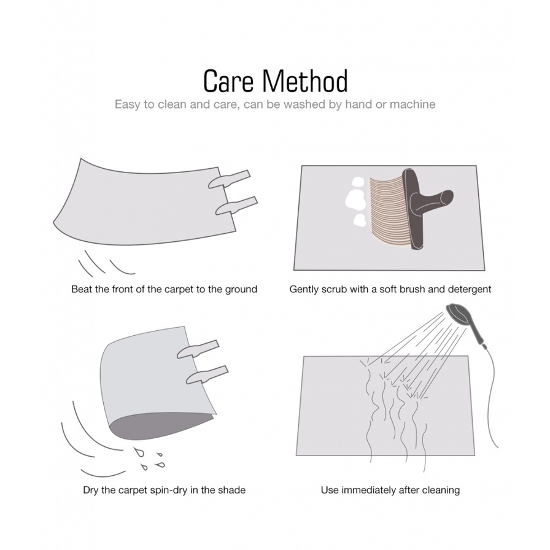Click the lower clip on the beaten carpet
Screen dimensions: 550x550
[236, 206]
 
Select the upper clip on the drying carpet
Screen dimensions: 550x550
[198, 349]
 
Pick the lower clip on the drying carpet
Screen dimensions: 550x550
[207, 375]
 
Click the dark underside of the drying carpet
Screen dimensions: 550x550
[158, 425]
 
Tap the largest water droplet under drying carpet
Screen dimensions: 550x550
[141, 453]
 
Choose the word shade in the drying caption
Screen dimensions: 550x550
[232, 490]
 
